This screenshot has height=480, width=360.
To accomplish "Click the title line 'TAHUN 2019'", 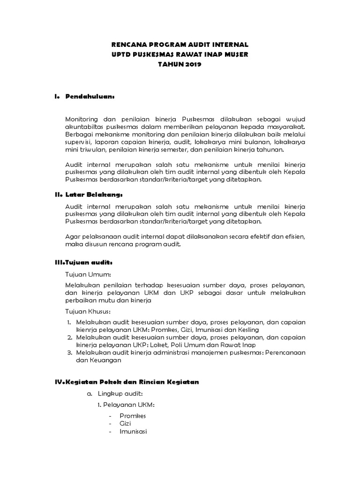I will tap(180, 64).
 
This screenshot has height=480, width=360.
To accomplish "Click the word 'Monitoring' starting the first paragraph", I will tap(81, 120).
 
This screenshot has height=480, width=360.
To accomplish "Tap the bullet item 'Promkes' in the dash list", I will tap(133, 415).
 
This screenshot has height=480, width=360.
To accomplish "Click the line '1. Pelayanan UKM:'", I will tap(122, 404).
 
